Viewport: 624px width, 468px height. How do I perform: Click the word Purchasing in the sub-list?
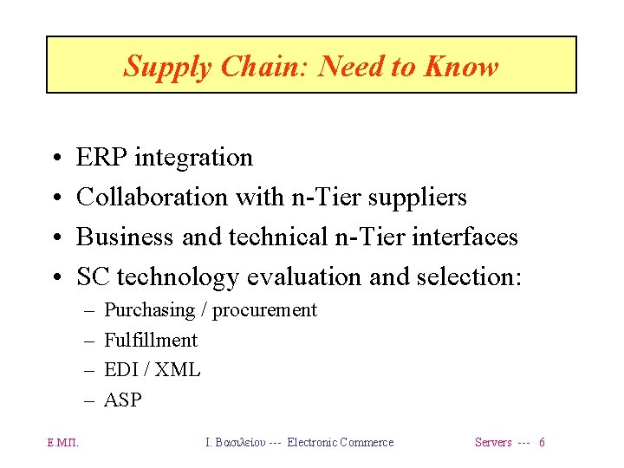[149, 310]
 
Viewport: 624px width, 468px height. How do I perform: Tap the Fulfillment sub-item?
[151, 340]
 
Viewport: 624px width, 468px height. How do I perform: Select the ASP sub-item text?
[122, 400]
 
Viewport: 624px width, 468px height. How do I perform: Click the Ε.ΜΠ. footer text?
[62, 443]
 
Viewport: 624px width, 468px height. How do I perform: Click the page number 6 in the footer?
[542, 443]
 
